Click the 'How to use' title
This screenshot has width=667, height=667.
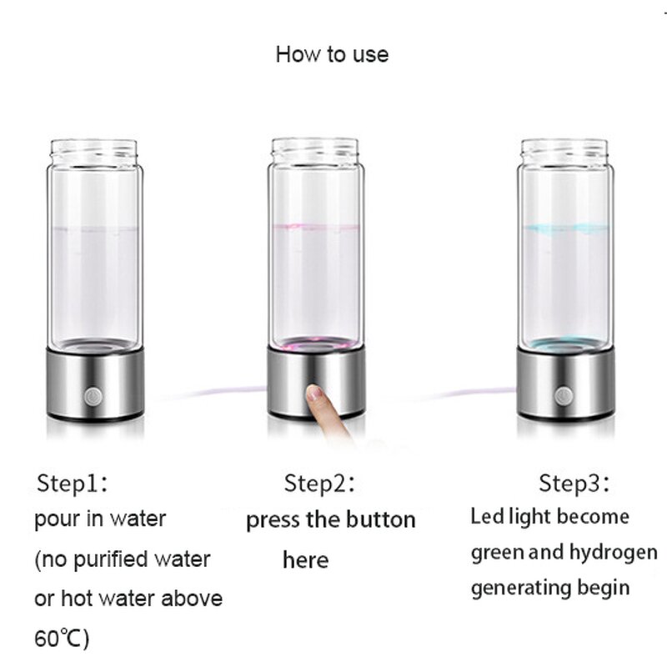(x=332, y=55)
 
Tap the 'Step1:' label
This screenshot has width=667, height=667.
(x=73, y=483)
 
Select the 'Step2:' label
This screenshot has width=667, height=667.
(x=320, y=483)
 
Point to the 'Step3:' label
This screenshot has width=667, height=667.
(x=574, y=483)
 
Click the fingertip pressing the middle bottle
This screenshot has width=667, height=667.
(x=314, y=393)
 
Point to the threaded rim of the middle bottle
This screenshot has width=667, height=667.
(x=314, y=151)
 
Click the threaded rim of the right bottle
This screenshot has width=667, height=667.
(x=565, y=151)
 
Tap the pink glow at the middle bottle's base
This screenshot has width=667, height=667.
(x=314, y=343)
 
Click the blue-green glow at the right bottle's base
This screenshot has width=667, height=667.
(x=565, y=343)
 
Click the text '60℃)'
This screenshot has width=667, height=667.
(x=62, y=639)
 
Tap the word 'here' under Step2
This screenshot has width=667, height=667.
(x=305, y=559)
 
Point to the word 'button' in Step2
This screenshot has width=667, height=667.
(x=383, y=520)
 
